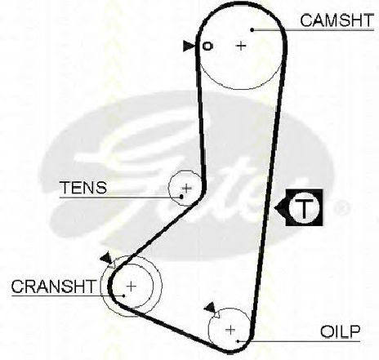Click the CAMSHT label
coord(337,20)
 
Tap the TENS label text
coord(83,188)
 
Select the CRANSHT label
coord(54,287)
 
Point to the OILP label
coord(340,331)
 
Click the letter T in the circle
coord(304,208)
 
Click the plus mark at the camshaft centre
coord(241,46)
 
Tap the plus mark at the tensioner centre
coord(187,188)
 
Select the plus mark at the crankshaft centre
coord(132,287)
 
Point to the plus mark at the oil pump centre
coord(230,330)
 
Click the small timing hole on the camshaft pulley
coord(207,46)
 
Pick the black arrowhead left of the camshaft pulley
coord(188,46)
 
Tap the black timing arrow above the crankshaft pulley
coord(106,257)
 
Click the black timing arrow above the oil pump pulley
coord(210,307)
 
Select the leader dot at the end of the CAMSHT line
coord(252,29)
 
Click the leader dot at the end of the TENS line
coord(181,197)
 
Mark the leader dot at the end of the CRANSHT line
coord(124,296)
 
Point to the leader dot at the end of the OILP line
coord(238,340)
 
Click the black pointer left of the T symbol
coord(280,208)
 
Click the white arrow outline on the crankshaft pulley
coord(112,264)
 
